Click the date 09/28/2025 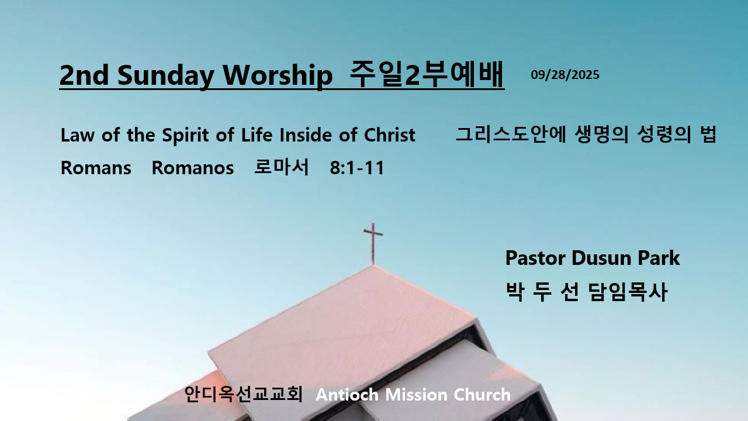[x=565, y=75]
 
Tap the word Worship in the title [x=278, y=75]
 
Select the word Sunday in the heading [x=165, y=76]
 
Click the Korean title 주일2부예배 [x=427, y=74]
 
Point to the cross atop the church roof [x=373, y=243]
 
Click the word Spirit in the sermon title [x=186, y=135]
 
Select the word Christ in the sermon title [x=389, y=135]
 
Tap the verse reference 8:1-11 [x=357, y=168]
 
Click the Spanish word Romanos [x=193, y=168]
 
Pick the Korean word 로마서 [x=282, y=167]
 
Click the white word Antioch [x=347, y=395]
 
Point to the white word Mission [x=416, y=395]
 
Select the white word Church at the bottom [x=482, y=395]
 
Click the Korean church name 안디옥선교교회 [x=244, y=394]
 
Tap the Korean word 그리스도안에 [x=511, y=134]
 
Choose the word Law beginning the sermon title [x=78, y=135]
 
